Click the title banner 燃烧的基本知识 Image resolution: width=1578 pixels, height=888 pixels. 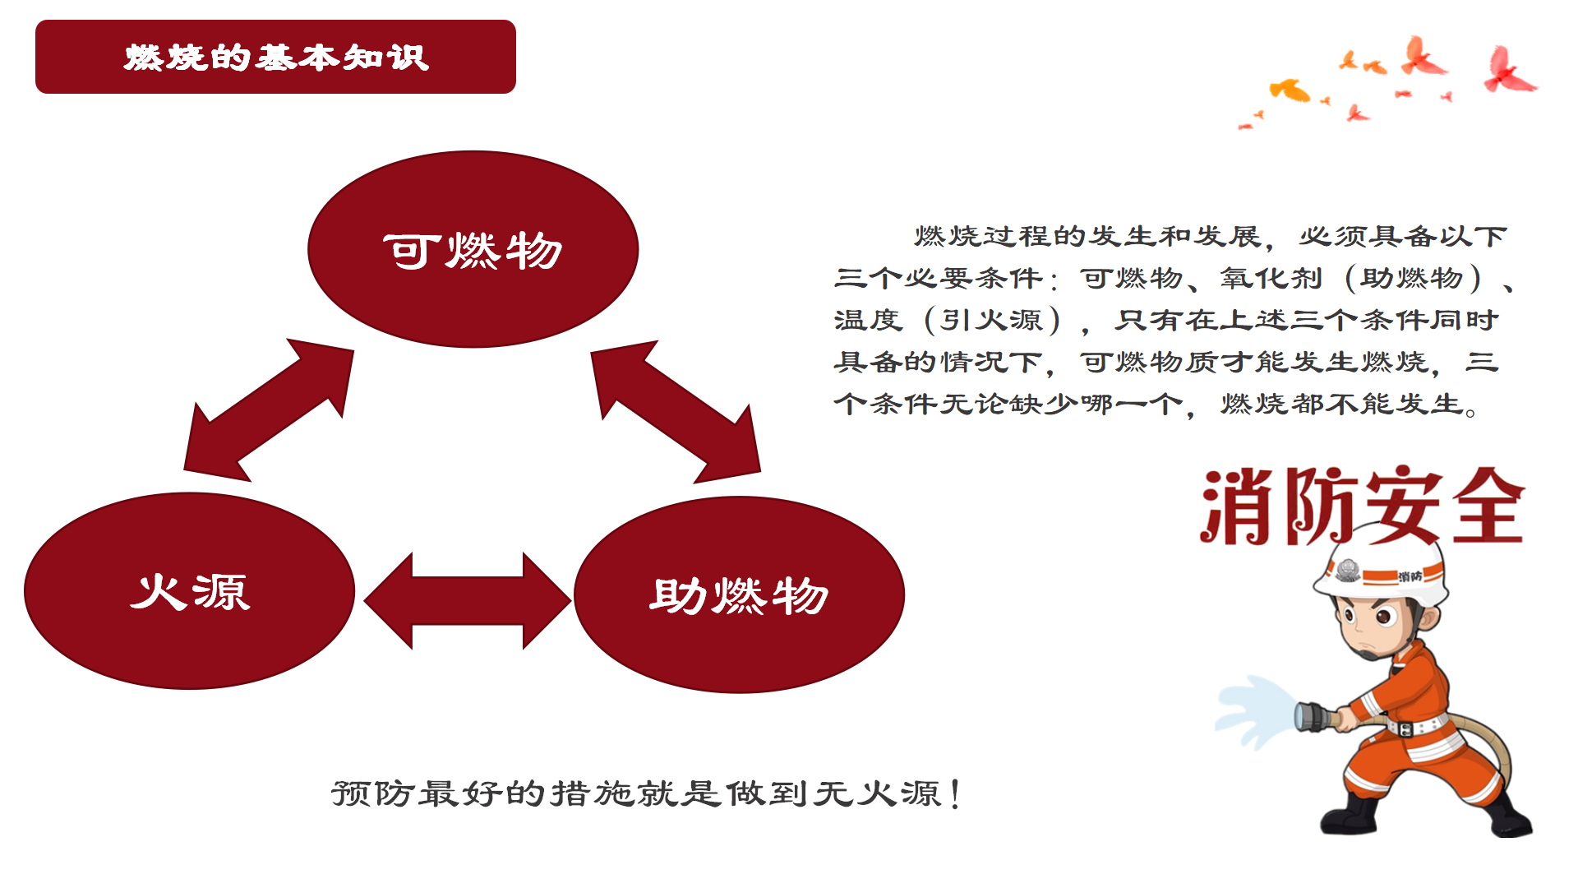pyautogui.click(x=275, y=57)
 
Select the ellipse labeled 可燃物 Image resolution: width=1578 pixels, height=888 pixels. pyautogui.click(x=473, y=249)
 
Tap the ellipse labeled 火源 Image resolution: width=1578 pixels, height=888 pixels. pyautogui.click(x=190, y=590)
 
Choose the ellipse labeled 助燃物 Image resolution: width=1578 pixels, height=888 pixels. pyautogui.click(x=739, y=594)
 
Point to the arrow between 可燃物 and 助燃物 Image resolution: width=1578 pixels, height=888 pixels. pyautogui.click(x=676, y=411)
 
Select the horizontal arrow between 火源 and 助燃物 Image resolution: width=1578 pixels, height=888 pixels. pyautogui.click(x=467, y=601)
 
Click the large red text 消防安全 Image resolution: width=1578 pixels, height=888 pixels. pyautogui.click(x=1362, y=506)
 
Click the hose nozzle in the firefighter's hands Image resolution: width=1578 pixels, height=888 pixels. pyautogui.click(x=1317, y=716)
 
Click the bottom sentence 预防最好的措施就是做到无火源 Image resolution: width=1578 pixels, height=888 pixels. pyautogui.click(x=646, y=793)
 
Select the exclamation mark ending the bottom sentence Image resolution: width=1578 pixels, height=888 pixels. pyautogui.click(x=954, y=794)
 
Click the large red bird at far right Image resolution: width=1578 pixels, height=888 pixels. pyautogui.click(x=1509, y=70)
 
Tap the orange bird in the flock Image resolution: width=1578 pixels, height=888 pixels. pyautogui.click(x=1290, y=89)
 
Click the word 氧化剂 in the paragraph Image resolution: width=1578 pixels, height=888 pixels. pyautogui.click(x=1271, y=278)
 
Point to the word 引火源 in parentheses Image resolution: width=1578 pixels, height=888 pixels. pyautogui.click(x=991, y=320)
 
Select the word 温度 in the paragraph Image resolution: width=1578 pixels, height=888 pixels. pyautogui.click(x=868, y=320)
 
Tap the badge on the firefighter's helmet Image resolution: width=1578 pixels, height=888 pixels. pyautogui.click(x=1347, y=570)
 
